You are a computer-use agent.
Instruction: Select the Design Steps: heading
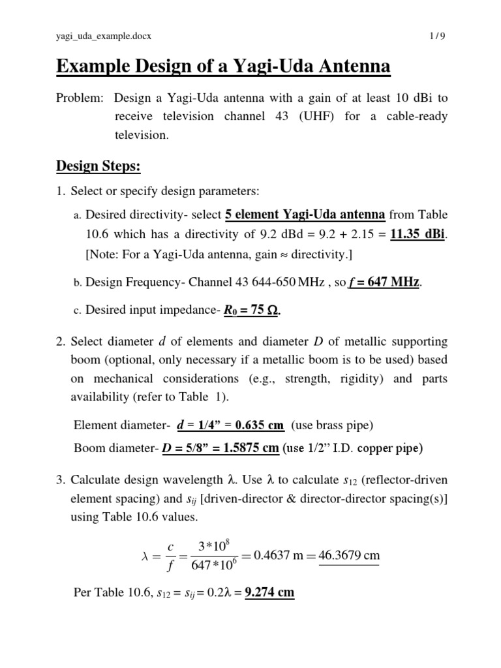point(99,166)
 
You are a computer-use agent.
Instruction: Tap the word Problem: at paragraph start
point(79,99)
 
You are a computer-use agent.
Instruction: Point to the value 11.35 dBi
point(417,235)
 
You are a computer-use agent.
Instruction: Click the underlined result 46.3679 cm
point(349,556)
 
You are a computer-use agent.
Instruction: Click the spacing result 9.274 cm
point(269,593)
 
